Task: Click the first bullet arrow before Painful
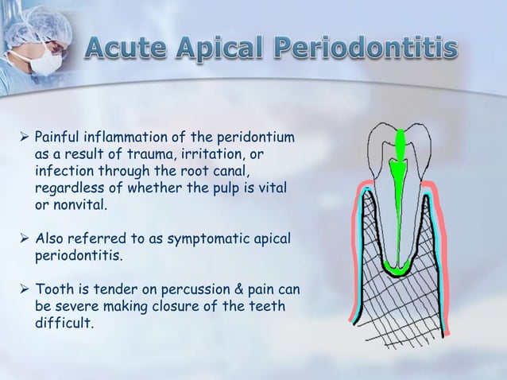[x=23, y=140]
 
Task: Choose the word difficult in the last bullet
[x=63, y=324]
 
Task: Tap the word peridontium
[x=255, y=140]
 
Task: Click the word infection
[x=64, y=171]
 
